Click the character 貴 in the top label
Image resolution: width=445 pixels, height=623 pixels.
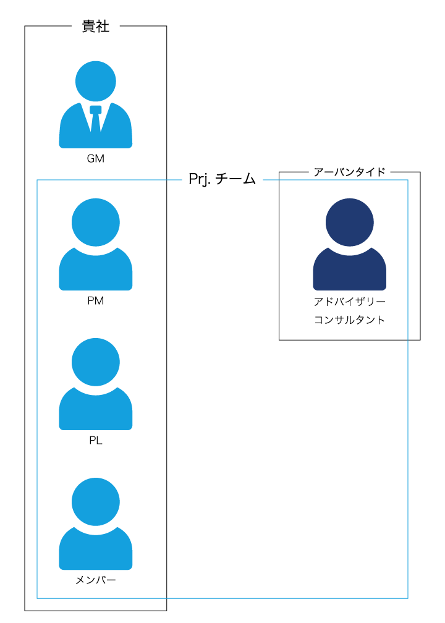88,27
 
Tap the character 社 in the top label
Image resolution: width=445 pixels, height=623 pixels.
103,27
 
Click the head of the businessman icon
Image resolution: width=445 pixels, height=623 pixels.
96,81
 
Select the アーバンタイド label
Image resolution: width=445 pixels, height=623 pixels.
349,172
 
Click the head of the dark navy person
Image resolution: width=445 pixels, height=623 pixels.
349,222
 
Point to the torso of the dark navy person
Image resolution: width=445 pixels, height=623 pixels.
349,272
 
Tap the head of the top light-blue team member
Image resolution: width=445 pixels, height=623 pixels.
96,222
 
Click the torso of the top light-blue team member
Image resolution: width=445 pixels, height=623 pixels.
96,272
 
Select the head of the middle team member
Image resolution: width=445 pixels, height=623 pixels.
96,362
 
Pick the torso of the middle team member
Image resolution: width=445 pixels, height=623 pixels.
96,412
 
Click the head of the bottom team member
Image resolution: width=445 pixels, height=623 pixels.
96,501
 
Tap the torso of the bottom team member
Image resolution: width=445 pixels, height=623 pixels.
96,551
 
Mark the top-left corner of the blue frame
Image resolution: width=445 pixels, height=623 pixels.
37,180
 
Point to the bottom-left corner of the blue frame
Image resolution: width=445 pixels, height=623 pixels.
37,598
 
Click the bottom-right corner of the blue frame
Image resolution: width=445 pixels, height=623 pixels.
408,598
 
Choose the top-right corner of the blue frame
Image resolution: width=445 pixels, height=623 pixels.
408,180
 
